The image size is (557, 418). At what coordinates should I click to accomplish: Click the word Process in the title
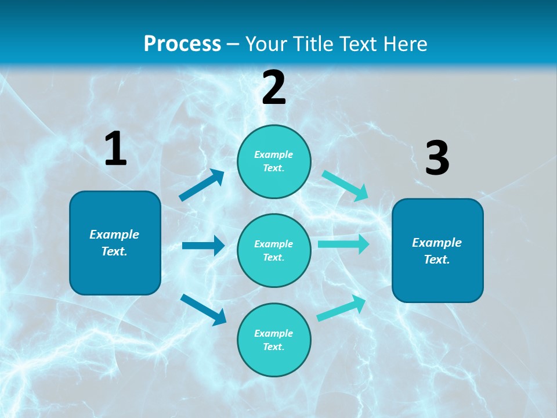click(x=182, y=44)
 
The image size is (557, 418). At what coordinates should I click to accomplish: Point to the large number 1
click(x=115, y=149)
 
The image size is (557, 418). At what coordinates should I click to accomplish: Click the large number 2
click(x=274, y=88)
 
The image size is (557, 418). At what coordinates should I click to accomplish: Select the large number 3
click(x=437, y=158)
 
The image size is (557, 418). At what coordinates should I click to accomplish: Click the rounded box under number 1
click(x=115, y=243)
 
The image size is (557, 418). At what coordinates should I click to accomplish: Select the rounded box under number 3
click(x=437, y=251)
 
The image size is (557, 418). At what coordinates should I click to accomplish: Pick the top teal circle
click(x=274, y=161)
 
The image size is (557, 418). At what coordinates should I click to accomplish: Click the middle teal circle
click(x=274, y=251)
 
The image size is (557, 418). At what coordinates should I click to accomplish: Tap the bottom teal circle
click(x=274, y=340)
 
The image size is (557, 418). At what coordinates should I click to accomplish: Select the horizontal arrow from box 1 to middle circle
click(x=203, y=246)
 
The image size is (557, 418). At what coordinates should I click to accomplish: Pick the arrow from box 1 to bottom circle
click(x=204, y=309)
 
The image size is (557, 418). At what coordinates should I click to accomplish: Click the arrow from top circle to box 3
click(x=345, y=185)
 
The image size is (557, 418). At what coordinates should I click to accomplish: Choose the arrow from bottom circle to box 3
click(x=342, y=308)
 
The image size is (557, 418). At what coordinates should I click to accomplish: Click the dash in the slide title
click(x=233, y=44)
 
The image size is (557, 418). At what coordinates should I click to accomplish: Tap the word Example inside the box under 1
click(x=114, y=235)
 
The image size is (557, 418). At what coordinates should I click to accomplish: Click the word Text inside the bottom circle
click(x=273, y=347)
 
